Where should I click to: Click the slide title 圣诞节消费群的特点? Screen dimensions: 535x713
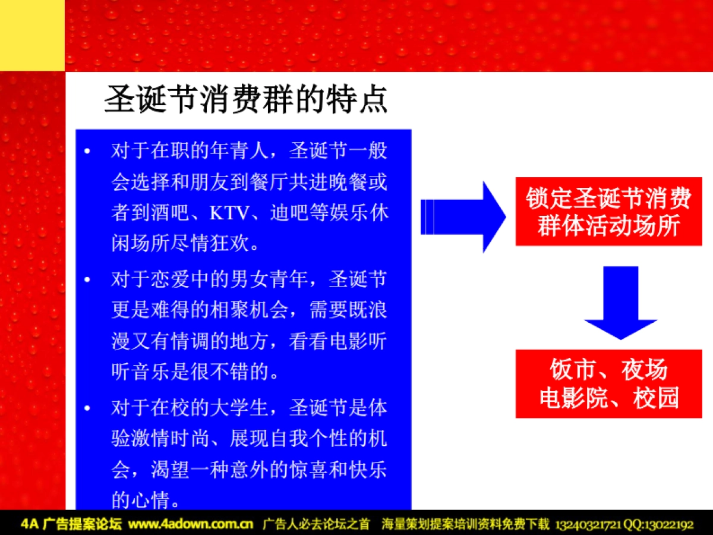246,99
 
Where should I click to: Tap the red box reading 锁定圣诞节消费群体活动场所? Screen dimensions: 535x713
608,212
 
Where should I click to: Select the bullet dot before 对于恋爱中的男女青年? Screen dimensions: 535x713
87,279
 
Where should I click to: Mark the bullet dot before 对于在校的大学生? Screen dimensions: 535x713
87,408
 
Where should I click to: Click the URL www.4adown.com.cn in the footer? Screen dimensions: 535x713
191,524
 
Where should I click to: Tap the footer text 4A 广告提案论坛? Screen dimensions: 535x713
71,524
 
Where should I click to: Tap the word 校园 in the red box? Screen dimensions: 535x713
656,398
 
